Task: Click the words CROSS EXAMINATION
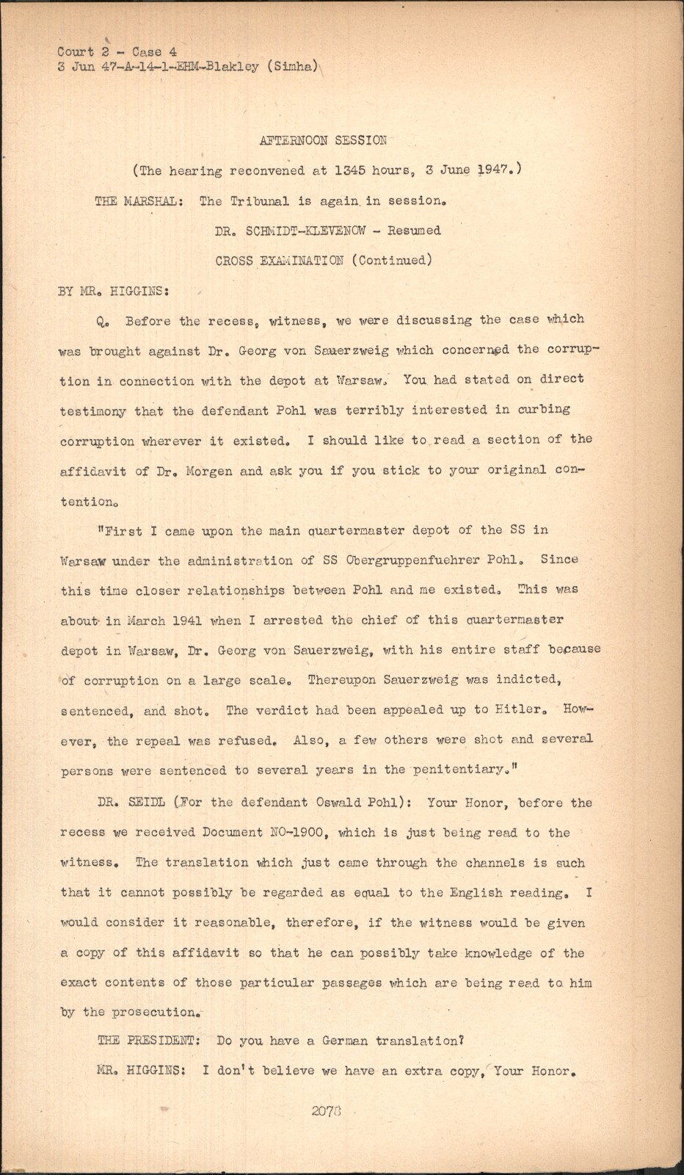[x=279, y=261]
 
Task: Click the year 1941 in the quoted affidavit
[x=178, y=621]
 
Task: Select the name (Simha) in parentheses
[x=292, y=67]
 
